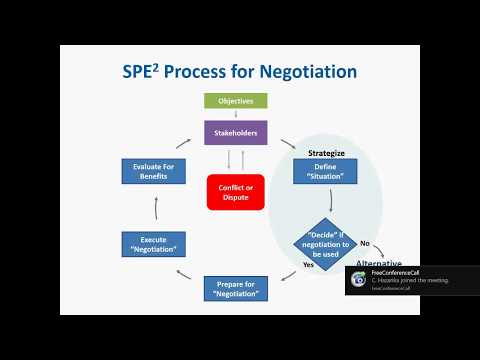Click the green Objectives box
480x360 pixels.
pos(235,101)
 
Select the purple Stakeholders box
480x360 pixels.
pos(235,131)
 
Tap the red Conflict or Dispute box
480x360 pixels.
pos(235,191)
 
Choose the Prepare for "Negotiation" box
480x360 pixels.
pos(235,291)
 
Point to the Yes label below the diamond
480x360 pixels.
pos(308,265)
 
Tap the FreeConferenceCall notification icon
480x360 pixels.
pos(358,280)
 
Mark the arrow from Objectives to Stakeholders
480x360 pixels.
pos(235,114)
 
